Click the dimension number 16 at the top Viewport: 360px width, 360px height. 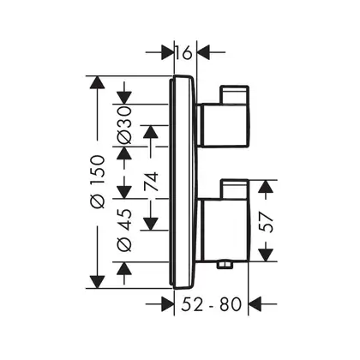183,52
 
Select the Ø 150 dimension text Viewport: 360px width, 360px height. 98,182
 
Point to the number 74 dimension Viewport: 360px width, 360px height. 151,182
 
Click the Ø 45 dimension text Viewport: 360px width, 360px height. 124,230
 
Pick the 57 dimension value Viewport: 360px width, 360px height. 267,221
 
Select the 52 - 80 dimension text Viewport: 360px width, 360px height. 212,304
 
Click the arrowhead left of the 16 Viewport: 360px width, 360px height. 168,52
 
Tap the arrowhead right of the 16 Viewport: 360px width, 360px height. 203,52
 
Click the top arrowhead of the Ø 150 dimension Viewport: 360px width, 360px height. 97,82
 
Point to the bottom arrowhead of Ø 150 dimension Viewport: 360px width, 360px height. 97,282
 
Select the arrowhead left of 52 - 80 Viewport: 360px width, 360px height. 168,304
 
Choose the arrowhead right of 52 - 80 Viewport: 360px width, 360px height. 255,304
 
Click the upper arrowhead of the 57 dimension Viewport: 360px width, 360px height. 266,187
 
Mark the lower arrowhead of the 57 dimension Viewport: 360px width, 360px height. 266,255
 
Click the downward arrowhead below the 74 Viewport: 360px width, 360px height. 151,224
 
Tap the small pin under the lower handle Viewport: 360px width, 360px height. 225,265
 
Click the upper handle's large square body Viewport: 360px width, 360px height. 224,125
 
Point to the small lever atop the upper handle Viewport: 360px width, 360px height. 234,94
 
